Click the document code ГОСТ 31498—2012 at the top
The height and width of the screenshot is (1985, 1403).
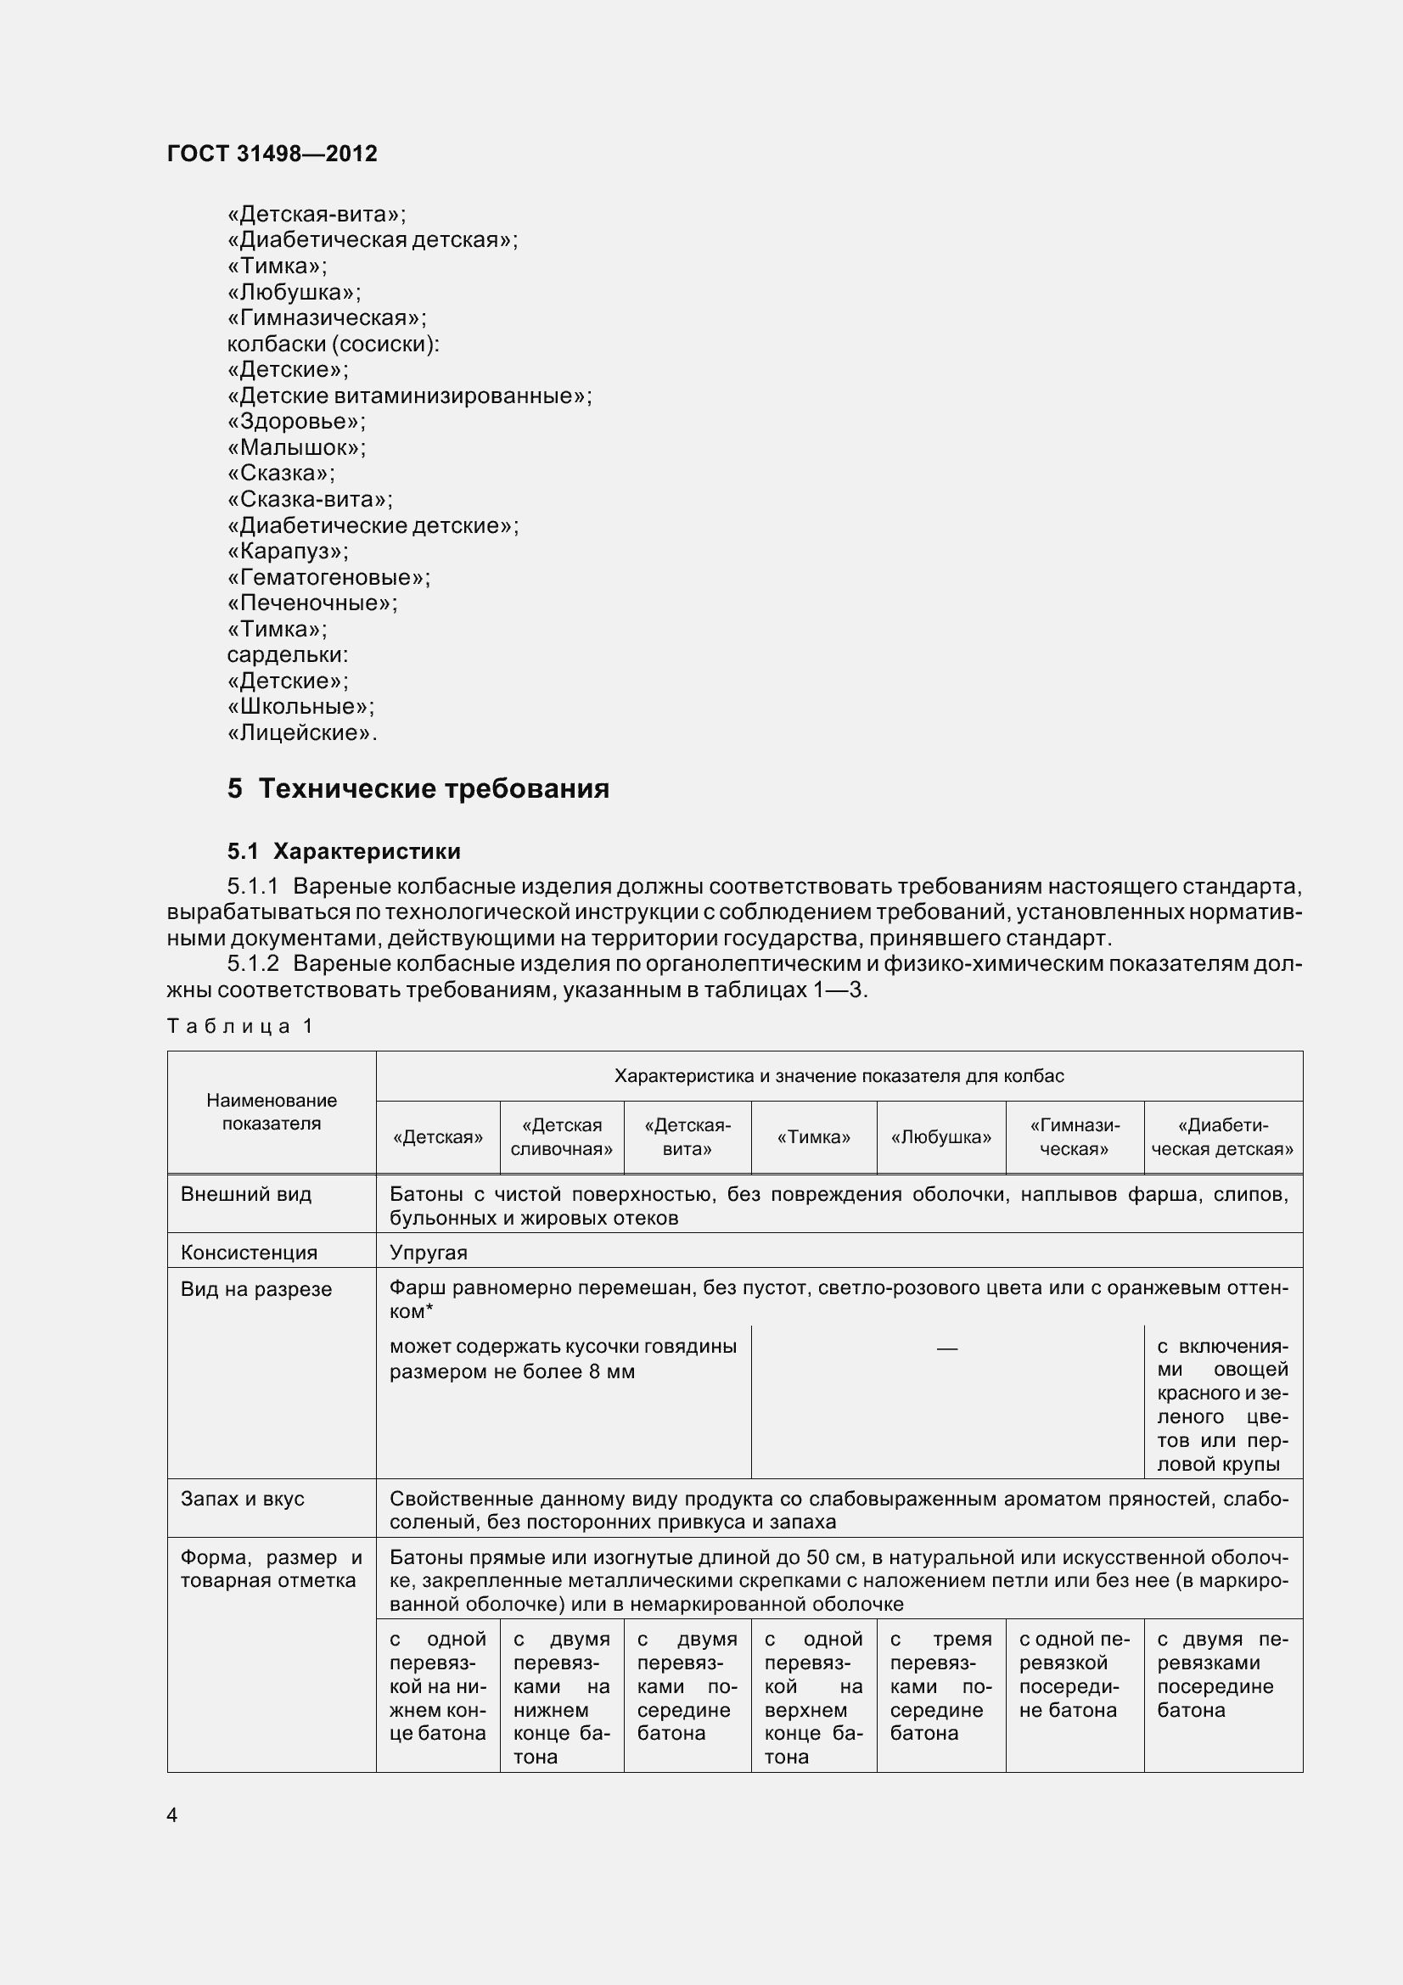click(x=272, y=154)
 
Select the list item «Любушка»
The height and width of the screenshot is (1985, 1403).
click(x=293, y=292)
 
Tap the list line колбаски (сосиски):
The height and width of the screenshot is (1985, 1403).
click(x=333, y=344)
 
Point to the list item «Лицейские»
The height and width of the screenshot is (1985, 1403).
click(x=300, y=733)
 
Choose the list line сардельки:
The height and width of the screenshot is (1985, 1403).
click(x=287, y=655)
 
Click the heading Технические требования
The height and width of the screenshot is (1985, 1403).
click(x=433, y=788)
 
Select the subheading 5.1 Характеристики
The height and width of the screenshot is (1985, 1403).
click(x=344, y=851)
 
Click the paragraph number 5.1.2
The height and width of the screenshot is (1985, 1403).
click(x=253, y=964)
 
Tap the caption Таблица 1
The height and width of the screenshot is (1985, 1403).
click(x=239, y=1026)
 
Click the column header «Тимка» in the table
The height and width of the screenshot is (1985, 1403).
click(x=813, y=1138)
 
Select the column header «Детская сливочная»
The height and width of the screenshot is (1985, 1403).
click(x=561, y=1138)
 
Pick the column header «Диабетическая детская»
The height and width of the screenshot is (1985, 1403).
click(x=1222, y=1138)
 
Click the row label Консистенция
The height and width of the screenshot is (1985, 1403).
click(x=249, y=1253)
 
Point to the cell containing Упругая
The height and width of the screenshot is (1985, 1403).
click(x=428, y=1253)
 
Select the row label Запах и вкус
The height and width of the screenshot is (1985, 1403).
click(x=242, y=1499)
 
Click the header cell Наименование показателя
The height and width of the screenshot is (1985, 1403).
click(x=272, y=1112)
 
